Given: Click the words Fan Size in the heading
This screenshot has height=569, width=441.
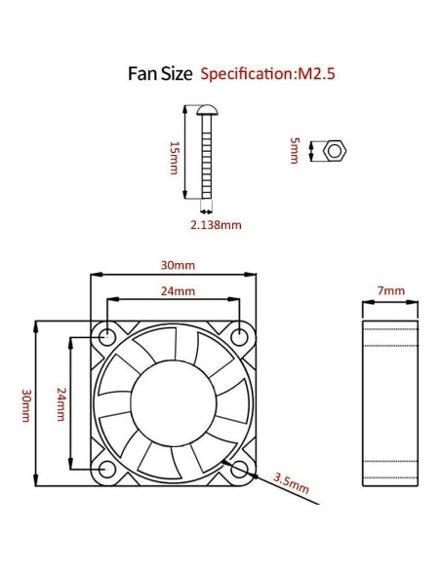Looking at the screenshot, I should (x=160, y=73).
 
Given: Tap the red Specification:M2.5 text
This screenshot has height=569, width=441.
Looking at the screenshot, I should (x=262, y=74).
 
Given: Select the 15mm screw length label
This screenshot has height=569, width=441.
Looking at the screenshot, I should (x=174, y=156).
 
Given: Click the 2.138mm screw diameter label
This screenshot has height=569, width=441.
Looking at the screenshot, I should (x=217, y=224).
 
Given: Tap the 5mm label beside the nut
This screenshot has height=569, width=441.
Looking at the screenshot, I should (x=296, y=151).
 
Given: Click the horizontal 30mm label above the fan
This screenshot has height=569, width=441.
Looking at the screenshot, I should (x=178, y=265).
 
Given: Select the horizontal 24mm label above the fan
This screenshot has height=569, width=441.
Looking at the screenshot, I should (x=178, y=290).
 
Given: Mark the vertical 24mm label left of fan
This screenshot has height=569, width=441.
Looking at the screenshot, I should (x=60, y=403).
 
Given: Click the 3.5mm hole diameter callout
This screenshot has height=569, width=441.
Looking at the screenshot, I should (x=291, y=480).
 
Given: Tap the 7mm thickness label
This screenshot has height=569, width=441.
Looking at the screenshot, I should (x=390, y=290).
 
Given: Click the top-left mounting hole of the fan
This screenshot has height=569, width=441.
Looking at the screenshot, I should (x=107, y=337).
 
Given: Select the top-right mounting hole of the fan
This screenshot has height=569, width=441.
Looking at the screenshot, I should (x=241, y=337).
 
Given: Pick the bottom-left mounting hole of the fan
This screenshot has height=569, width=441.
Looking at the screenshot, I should (x=107, y=471).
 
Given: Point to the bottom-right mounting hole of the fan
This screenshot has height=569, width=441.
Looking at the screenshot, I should (x=241, y=471).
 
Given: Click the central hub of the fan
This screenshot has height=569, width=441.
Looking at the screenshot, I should (x=175, y=403).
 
